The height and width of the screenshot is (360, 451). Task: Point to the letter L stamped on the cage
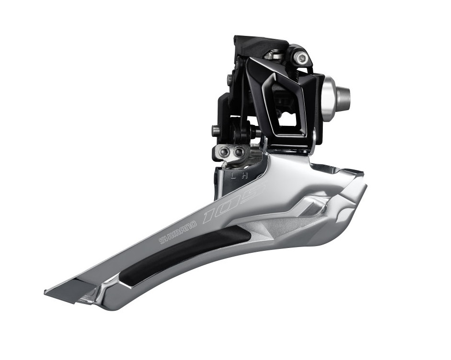[233, 176]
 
